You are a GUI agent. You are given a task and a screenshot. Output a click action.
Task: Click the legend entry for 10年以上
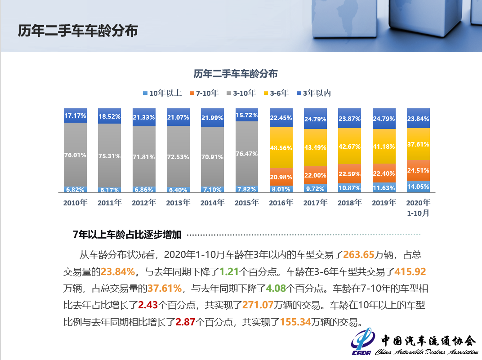tap(162, 93)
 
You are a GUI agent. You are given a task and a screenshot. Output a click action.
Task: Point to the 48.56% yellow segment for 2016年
tap(281, 147)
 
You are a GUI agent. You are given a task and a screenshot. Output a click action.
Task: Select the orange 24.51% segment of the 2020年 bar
tap(418, 170)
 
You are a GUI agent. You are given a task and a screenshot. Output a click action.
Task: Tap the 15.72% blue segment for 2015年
tap(246, 115)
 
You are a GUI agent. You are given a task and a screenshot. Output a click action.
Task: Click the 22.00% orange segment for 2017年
tap(315, 175)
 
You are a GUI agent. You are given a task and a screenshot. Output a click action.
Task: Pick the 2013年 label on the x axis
tap(178, 203)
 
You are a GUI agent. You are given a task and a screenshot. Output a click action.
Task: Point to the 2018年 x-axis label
tap(349, 203)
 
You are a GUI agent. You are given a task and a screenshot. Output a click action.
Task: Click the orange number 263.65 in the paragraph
tap(359, 255)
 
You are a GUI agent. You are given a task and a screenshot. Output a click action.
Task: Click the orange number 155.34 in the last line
tap(295, 322)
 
